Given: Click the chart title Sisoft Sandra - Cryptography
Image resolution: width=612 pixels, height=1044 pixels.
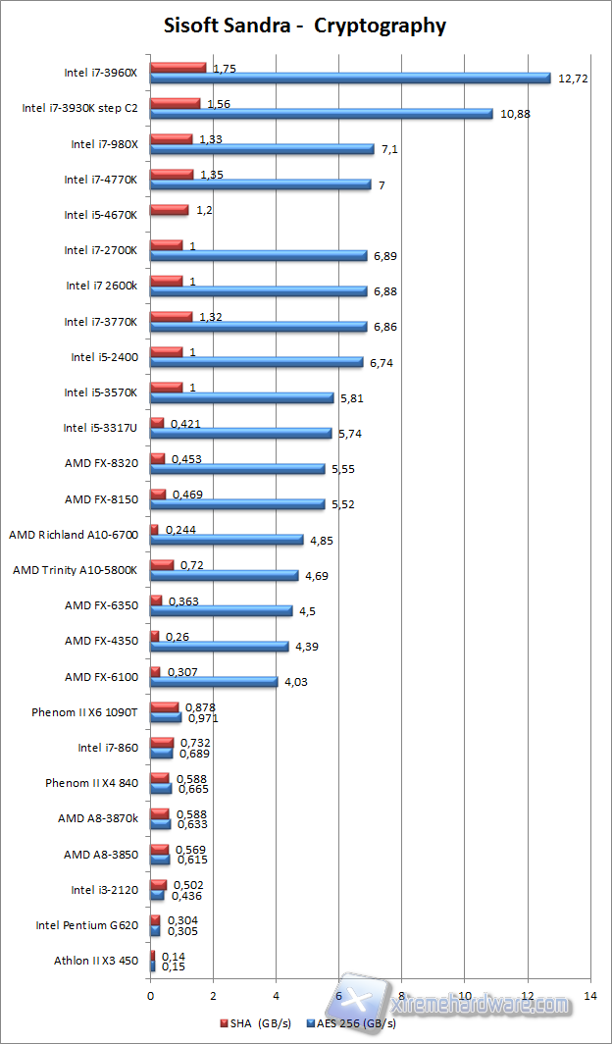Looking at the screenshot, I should click(x=305, y=26).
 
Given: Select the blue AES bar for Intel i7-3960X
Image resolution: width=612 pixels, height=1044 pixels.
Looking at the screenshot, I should click(x=350, y=78).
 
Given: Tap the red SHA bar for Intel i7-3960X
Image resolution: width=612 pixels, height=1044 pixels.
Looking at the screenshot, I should click(x=178, y=67).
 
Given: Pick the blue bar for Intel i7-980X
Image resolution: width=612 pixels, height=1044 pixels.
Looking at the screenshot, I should click(x=262, y=149).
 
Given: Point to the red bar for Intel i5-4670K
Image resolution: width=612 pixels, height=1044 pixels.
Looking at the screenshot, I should click(x=169, y=209).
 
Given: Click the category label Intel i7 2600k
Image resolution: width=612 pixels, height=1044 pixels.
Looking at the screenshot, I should click(x=102, y=286).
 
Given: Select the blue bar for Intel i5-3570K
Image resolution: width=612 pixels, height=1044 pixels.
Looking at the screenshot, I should click(x=241, y=397).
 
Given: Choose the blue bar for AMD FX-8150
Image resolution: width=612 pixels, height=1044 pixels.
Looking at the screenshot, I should click(x=237, y=504).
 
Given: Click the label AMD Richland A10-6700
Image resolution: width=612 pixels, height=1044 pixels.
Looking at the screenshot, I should click(x=75, y=534).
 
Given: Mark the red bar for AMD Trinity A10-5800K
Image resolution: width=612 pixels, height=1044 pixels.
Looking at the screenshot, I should click(x=162, y=564).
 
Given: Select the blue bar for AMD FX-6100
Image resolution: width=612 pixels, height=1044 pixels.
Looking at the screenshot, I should click(x=214, y=682).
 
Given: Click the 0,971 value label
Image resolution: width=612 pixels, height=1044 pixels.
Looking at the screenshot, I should click(x=201, y=718).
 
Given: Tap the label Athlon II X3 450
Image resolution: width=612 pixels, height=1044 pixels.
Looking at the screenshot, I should click(x=96, y=961).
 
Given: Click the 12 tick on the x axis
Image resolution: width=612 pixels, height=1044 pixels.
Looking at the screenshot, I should click(x=528, y=996).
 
